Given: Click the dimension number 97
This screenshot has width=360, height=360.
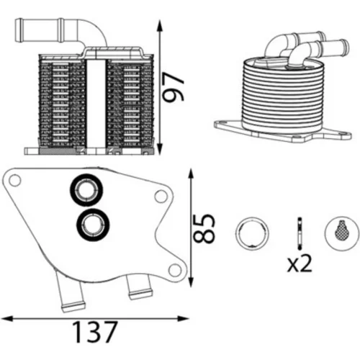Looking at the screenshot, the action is click(x=173, y=87).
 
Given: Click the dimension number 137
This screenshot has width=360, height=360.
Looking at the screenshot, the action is click(x=95, y=332).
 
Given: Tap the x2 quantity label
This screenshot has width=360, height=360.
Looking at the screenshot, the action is click(x=300, y=264).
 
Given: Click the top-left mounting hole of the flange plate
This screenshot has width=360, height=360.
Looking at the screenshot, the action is click(x=14, y=180).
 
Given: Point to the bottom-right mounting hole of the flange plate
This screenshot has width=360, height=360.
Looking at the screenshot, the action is click(x=175, y=270).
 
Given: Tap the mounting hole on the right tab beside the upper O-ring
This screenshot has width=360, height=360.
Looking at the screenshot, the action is click(x=161, y=197).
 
